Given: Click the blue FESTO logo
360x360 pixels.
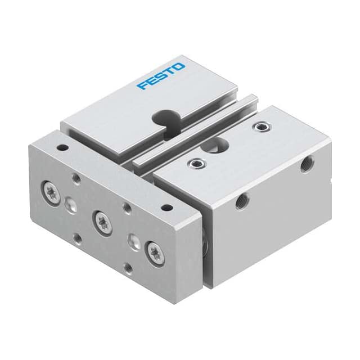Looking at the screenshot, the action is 161,76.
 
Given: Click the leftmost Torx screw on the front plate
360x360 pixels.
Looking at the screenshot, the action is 51,189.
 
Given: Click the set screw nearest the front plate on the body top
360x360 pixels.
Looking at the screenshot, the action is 197,164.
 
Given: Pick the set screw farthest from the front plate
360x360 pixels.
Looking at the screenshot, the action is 262,126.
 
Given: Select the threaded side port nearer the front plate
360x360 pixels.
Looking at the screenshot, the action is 241,201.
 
